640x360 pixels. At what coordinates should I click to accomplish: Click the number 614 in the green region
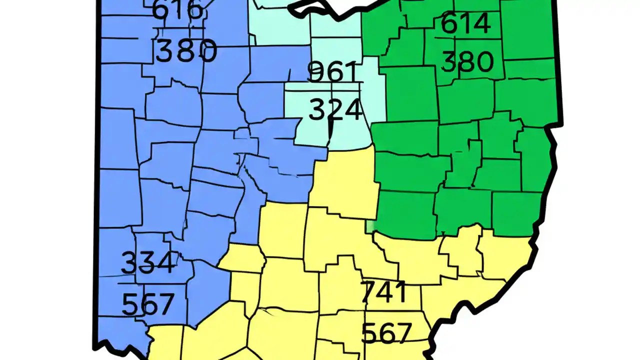(465, 24)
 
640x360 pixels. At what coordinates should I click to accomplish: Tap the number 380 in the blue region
(186, 51)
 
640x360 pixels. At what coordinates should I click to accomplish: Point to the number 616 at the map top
(177, 10)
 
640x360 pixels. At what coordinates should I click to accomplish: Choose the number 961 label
(332, 71)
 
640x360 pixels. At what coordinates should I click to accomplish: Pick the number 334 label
(148, 262)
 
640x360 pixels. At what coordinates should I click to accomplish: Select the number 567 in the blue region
(148, 303)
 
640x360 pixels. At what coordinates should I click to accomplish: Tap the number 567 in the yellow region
(386, 332)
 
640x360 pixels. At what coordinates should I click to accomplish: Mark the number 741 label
(383, 292)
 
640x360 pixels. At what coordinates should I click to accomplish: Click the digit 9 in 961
(315, 71)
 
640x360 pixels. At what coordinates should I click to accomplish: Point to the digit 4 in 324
(352, 110)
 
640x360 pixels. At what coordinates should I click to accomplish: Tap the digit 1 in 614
(465, 24)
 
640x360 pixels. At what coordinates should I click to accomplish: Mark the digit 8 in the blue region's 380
(186, 51)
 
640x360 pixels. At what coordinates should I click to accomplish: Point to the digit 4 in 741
(386, 292)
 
